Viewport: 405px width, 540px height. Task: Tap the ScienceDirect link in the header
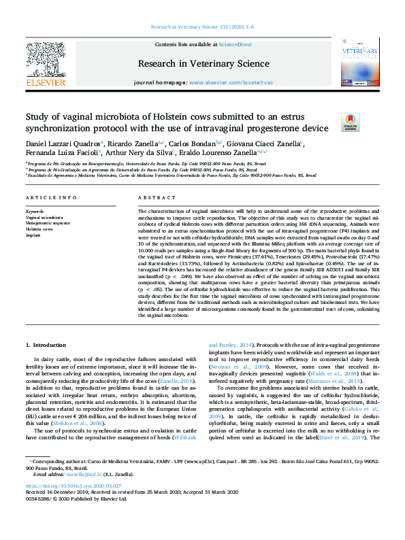pyautogui.click(x=235, y=44)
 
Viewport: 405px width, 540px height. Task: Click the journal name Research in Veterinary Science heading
pyautogui.click(x=202, y=63)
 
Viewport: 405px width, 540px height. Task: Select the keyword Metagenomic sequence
pyautogui.click(x=48, y=222)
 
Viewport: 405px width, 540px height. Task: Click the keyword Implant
pyautogui.click(x=33, y=233)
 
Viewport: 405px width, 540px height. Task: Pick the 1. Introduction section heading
pyautogui.click(x=46, y=345)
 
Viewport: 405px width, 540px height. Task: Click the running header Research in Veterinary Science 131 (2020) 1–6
pyautogui.click(x=202, y=27)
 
